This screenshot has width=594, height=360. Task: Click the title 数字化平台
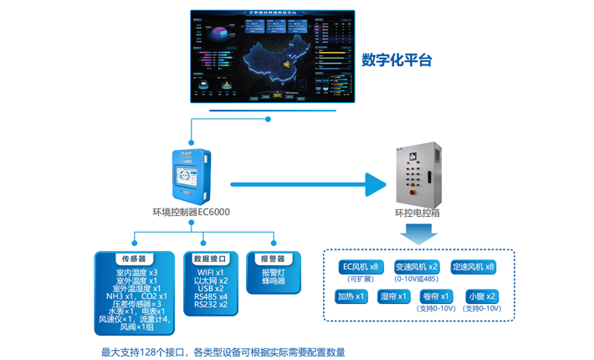pyautogui.click(x=397, y=60)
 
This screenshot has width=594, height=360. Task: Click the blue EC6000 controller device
pyautogui.click(x=191, y=177)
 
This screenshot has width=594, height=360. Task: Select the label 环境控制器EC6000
pyautogui.click(x=191, y=213)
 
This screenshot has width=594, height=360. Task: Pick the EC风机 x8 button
pyautogui.click(x=360, y=267)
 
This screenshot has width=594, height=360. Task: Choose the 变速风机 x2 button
pyautogui.click(x=416, y=267)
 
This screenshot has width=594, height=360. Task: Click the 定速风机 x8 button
pyautogui.click(x=473, y=267)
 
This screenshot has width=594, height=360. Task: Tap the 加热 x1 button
pyautogui.click(x=351, y=296)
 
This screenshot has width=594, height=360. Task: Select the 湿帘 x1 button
pyautogui.click(x=393, y=296)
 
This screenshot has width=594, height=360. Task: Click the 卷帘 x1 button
pyautogui.click(x=436, y=296)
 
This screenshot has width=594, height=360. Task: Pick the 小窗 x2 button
pyautogui.click(x=483, y=296)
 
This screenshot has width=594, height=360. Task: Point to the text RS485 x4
pyautogui.click(x=211, y=296)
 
